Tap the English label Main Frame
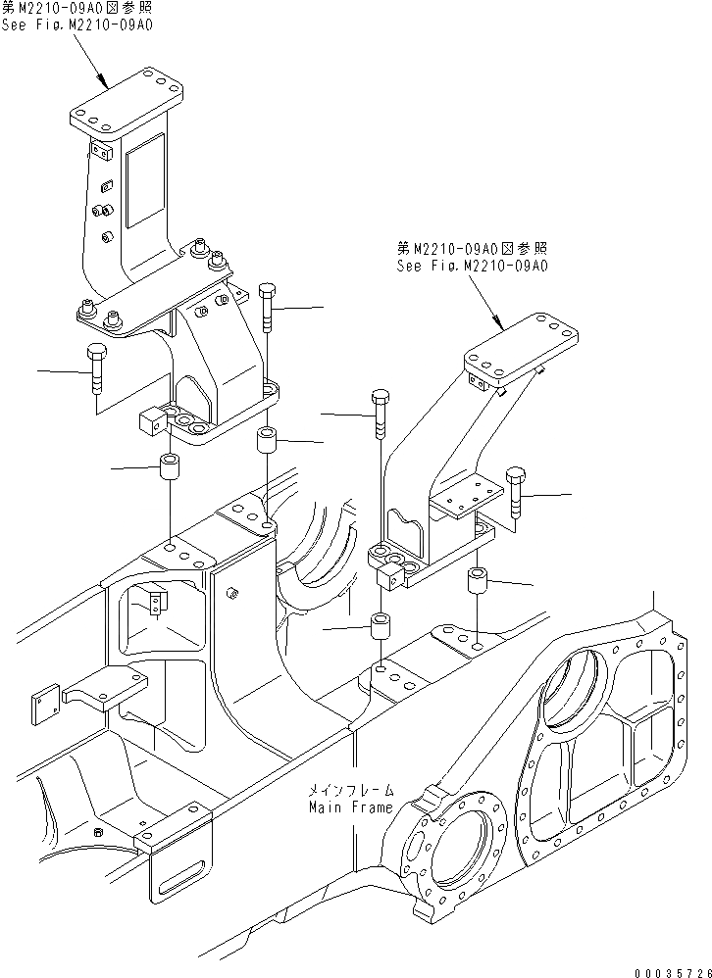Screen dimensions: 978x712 [350, 807]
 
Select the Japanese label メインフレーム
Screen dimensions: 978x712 [350, 789]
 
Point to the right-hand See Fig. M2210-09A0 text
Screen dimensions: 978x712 [472, 265]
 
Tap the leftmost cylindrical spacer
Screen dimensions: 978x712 [172, 469]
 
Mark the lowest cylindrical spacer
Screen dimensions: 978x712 [381, 629]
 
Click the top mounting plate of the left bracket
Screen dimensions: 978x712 [127, 102]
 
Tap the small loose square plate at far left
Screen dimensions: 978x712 [44, 705]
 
